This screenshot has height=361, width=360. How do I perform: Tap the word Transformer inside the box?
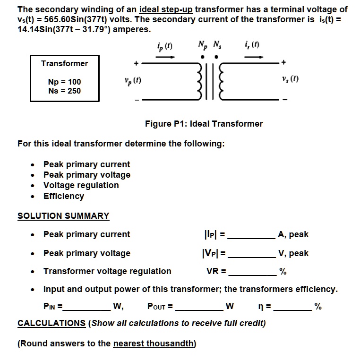pos(64,63)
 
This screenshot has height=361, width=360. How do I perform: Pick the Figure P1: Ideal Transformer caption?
pos(204,124)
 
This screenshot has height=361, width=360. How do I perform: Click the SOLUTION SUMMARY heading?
pos(63,216)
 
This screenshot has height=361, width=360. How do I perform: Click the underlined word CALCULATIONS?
pos(51,323)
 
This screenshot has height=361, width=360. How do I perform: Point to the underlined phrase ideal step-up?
pos(166,9)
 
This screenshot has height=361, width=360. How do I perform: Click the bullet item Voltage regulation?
pos(81,185)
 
